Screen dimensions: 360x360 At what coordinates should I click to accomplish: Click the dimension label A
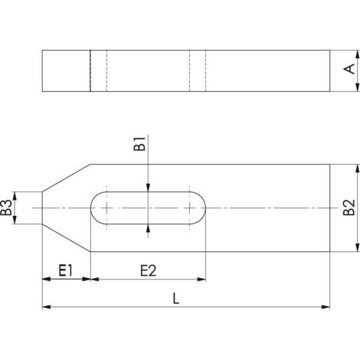coord(349,69)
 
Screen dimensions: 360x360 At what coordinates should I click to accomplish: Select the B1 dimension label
coord(139,144)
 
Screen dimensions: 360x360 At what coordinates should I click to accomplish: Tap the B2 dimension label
coord(349,208)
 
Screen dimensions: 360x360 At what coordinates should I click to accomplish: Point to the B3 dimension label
coord(6,208)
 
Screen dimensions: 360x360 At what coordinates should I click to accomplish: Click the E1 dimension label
coord(66,270)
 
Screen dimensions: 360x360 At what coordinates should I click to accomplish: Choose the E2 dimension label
coord(149,270)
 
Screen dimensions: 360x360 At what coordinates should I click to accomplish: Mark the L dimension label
coord(176,298)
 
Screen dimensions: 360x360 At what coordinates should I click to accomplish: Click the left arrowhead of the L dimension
coord(46,307)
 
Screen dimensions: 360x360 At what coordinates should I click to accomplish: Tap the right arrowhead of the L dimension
coord(326,307)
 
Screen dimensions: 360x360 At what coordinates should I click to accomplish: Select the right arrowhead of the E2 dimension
coord(201,280)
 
